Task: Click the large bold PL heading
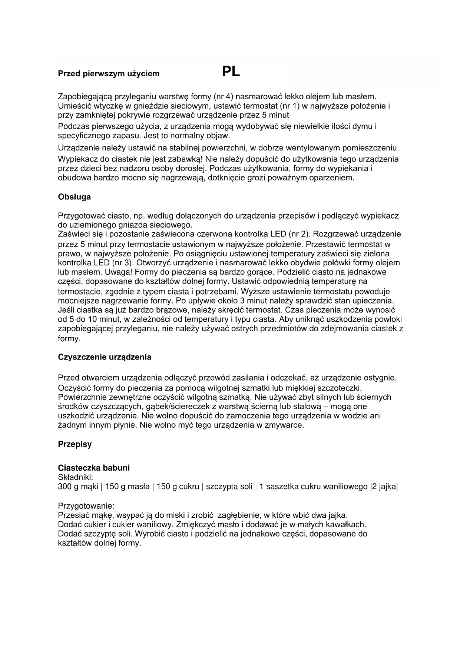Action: pyautogui.click(x=231, y=72)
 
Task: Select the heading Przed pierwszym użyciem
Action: pyautogui.click(x=109, y=73)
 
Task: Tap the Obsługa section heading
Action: pyautogui.click(x=74, y=197)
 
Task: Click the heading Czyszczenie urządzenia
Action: pyautogui.click(x=105, y=357)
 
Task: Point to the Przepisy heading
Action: pyautogui.click(x=75, y=444)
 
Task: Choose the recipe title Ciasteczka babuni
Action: pyautogui.click(x=94, y=468)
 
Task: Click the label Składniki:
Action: pyautogui.click(x=76, y=477)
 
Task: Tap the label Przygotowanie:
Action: pyautogui.click(x=86, y=506)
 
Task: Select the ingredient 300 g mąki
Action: pyautogui.click(x=78, y=487)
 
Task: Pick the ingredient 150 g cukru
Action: pyautogui.click(x=178, y=487)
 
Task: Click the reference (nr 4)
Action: pyautogui.click(x=224, y=97)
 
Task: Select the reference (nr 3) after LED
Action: pyautogui.click(x=122, y=263)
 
